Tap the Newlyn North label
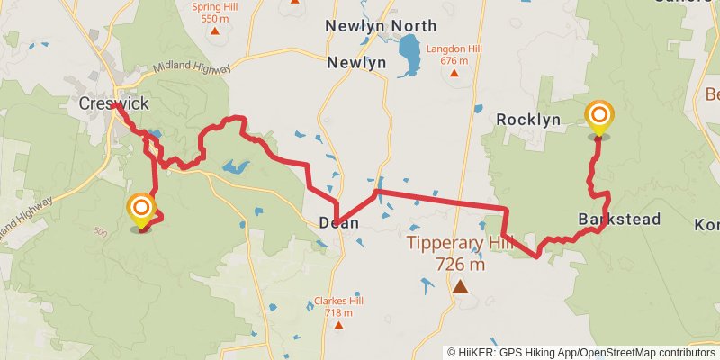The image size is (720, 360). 381,26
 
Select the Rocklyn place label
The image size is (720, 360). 528,120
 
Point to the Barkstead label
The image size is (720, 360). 620,220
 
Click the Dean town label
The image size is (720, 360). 338,222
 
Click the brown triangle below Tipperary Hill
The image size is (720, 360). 461,287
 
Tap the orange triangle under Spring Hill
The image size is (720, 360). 215,31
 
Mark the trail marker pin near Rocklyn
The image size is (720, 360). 598,118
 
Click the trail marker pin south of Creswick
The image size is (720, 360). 141,211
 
